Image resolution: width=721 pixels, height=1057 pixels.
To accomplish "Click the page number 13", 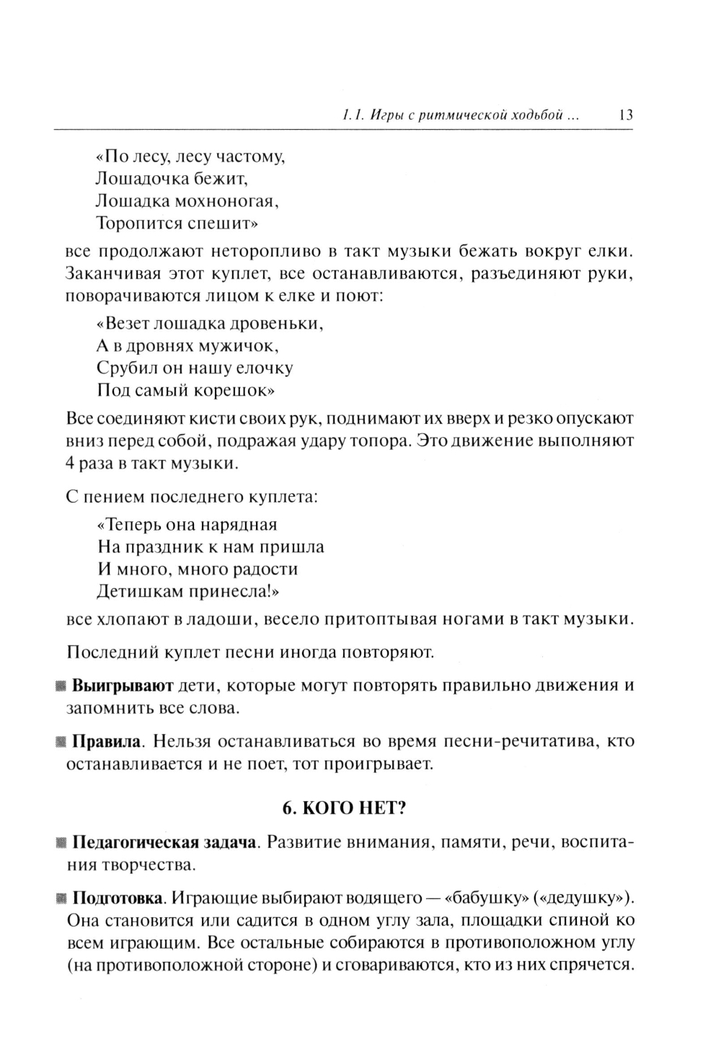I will [x=625, y=115].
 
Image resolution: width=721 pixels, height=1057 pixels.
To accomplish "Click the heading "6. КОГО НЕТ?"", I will [x=344, y=808].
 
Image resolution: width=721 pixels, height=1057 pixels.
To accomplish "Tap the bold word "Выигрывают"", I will [x=123, y=685].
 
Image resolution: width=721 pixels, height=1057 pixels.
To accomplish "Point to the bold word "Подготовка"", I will [x=118, y=898].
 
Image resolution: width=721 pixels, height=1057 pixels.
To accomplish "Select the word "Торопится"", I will [x=138, y=223].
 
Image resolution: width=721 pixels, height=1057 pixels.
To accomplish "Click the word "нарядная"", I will [x=239, y=524].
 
